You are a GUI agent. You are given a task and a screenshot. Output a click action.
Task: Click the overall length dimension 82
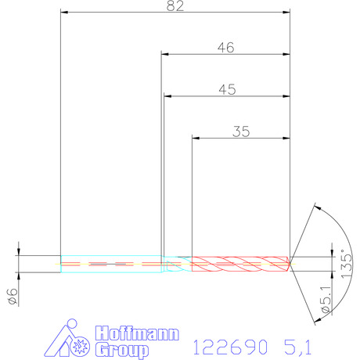175,5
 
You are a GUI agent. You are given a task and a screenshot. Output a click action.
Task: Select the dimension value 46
226,48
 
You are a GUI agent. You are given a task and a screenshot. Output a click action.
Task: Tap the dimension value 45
228,89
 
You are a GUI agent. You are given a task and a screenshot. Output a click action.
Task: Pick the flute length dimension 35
241,131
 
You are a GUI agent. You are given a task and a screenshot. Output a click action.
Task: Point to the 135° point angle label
347,264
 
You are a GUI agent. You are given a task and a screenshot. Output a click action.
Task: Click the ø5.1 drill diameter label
326,299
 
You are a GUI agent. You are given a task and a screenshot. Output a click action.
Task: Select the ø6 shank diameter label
13,297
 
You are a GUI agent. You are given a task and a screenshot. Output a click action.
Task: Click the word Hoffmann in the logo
137,333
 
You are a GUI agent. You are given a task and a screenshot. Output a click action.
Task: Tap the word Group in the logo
121,351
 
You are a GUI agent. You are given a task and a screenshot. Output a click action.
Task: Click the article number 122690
230,347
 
